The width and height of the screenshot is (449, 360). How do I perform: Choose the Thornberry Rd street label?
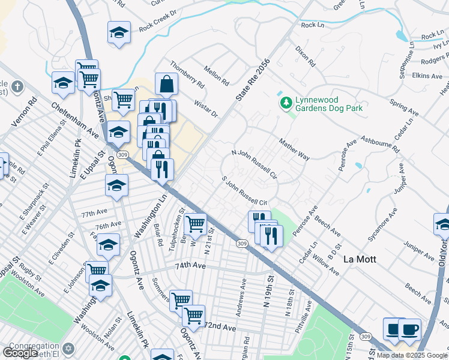[x=187, y=75]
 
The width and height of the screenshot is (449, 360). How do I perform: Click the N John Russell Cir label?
[x=254, y=164]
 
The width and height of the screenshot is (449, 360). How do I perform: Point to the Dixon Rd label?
[x=305, y=55]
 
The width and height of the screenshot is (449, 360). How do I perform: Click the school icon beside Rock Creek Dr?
[x=119, y=33]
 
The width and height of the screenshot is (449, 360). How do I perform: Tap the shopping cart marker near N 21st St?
[x=195, y=224]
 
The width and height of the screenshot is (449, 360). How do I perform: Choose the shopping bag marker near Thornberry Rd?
[x=166, y=84]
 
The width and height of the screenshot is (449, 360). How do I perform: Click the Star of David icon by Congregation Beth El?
[x=68, y=348]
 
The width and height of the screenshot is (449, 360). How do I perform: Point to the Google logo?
[x=20, y=353]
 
